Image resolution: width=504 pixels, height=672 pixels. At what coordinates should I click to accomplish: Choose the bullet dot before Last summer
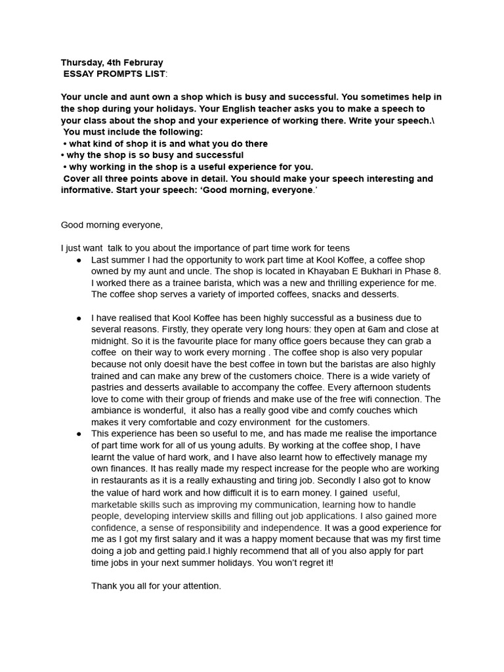[x=79, y=259]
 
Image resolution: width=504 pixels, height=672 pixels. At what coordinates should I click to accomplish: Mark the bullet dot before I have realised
[x=79, y=318]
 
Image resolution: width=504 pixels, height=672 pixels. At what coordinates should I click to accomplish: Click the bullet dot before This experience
[x=79, y=434]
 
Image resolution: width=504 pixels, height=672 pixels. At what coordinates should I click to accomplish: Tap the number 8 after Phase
[x=438, y=271]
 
